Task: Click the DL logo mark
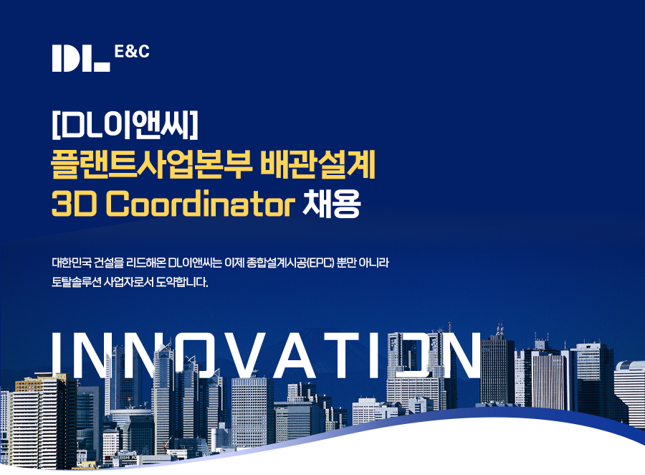click(81, 59)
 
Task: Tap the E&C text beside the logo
click(132, 52)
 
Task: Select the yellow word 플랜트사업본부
click(151, 165)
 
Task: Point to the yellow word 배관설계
click(318, 165)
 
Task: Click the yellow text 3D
click(74, 204)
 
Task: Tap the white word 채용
click(332, 203)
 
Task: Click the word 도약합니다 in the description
click(182, 282)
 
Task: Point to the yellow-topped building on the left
click(41, 420)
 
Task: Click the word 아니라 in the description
click(373, 263)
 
